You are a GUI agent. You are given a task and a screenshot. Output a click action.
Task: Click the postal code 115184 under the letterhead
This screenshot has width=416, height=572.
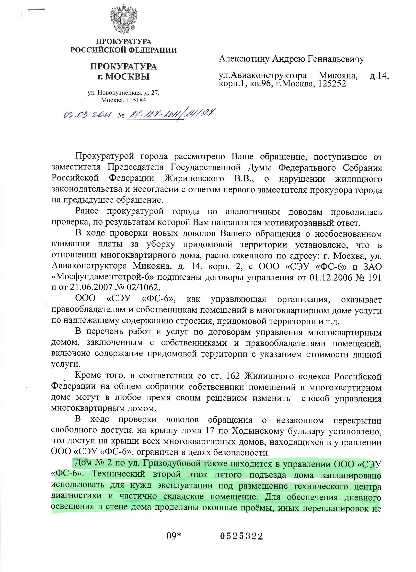[x=136, y=100]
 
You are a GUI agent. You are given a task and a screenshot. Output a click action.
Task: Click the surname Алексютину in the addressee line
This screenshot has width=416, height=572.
[x=244, y=59]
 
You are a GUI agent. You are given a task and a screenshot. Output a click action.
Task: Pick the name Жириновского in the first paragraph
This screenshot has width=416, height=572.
[x=194, y=178]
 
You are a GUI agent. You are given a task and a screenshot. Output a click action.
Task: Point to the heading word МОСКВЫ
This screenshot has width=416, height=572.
[x=127, y=77]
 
